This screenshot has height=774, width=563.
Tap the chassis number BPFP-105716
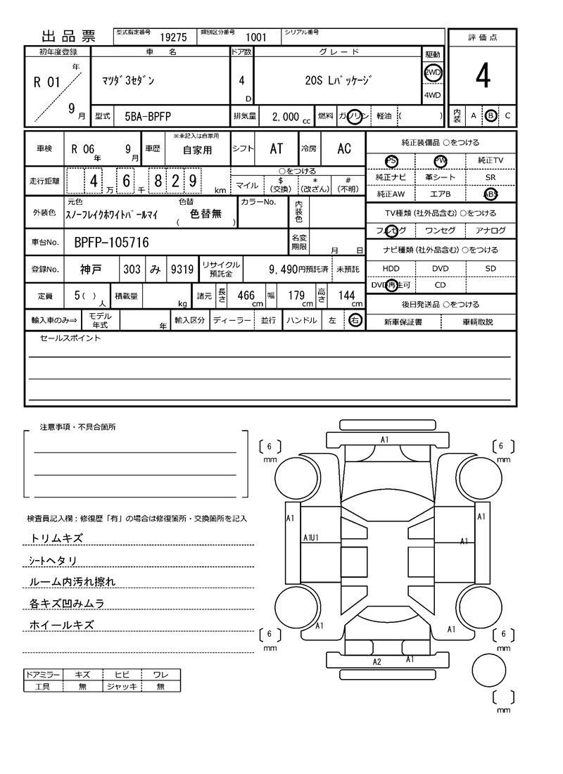click(111, 243)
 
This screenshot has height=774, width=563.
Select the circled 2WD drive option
click(432, 72)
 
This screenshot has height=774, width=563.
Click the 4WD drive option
click(432, 96)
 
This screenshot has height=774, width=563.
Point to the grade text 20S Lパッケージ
click(339, 81)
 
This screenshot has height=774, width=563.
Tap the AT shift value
click(277, 148)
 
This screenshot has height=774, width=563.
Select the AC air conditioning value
click(344, 148)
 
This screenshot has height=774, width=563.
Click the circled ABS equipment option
click(491, 194)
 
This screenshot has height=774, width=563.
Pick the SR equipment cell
click(491, 177)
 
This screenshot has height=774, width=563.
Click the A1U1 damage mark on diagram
click(311, 538)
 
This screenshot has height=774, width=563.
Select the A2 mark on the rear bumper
click(377, 662)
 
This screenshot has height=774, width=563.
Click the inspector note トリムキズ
click(57, 538)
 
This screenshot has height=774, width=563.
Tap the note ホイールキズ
click(62, 625)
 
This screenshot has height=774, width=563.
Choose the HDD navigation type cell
click(391, 269)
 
